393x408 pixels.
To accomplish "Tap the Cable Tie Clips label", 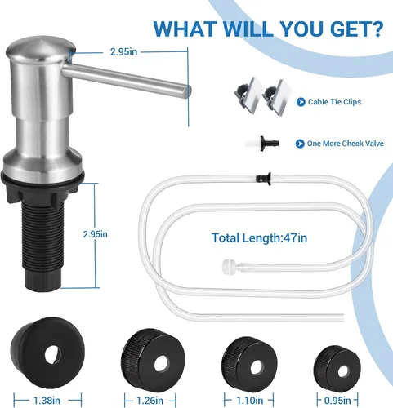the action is tap(334, 102).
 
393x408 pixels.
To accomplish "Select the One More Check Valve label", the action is tap(346, 144).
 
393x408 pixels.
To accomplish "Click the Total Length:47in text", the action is tap(259, 238).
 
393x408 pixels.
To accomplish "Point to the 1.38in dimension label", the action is tap(47, 401).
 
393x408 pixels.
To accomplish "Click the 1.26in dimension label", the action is tap(150, 401).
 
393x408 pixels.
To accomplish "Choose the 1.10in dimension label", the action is tap(249, 401).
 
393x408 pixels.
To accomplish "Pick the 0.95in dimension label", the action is tap(337, 401).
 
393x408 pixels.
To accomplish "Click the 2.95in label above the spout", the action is tap(123, 52).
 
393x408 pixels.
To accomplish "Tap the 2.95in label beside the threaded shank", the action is tap(96, 234).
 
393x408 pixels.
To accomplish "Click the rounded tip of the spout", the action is tap(187, 91).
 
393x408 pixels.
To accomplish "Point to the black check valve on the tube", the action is tap(264, 179).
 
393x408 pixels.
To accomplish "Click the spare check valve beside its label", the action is tap(261, 144).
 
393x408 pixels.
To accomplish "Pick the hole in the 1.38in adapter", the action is tap(53, 354).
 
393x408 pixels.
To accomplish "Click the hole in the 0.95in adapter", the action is tap(342, 371).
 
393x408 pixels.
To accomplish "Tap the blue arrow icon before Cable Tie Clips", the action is tap(301, 102).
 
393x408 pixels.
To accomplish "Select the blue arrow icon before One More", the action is tap(300, 144).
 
